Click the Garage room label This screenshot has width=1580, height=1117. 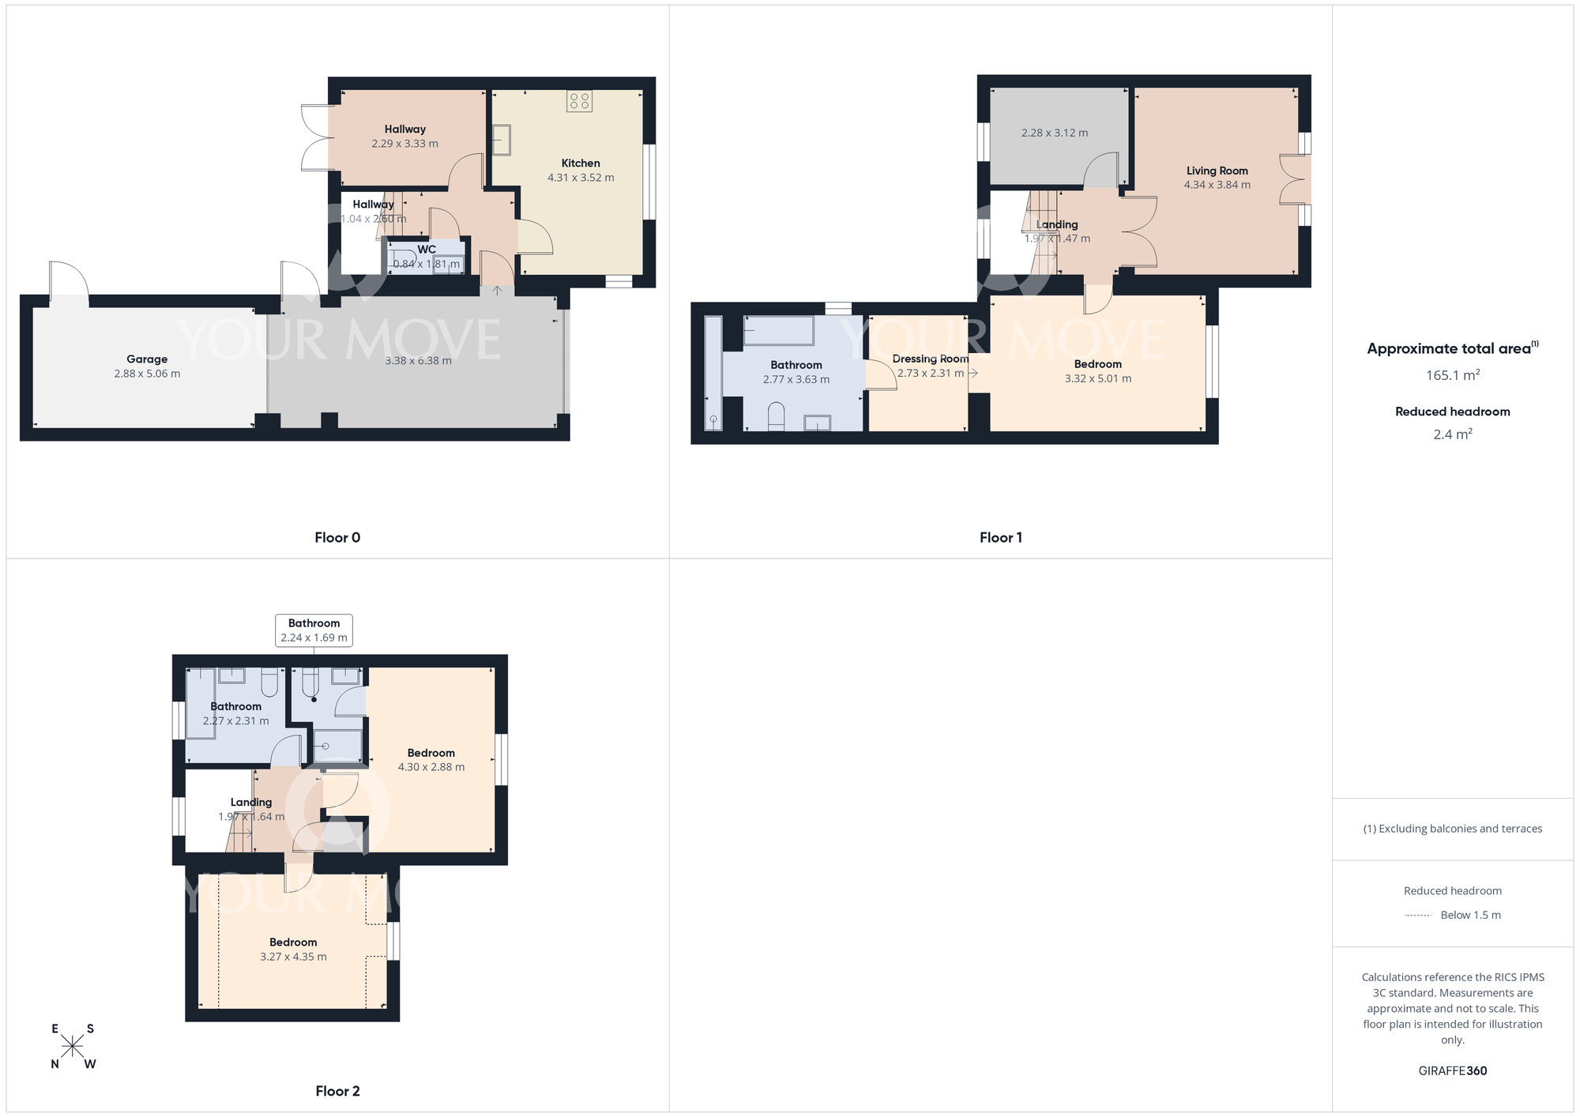pos(147,359)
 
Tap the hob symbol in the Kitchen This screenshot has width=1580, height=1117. pos(580,101)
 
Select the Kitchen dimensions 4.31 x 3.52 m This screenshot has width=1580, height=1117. pos(581,178)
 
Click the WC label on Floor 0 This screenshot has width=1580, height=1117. pos(427,250)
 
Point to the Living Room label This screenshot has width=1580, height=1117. pos(1217,171)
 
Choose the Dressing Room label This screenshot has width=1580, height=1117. pos(930,359)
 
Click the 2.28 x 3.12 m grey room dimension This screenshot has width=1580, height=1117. pos(1054,133)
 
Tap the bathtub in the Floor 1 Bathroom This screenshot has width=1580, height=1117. pos(778,331)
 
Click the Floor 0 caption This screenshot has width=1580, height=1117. pos(337,538)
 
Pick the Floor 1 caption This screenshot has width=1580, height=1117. pos(1000,538)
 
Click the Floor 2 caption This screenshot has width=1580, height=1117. pos(337,1091)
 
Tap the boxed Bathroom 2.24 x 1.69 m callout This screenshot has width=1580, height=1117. pos(314,630)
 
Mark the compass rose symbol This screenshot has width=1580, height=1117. pos(73,1047)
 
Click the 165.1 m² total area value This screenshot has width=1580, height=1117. pos(1452,375)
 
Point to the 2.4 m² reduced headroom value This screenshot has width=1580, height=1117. pos(1452,434)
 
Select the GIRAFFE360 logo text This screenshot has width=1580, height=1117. pos(1452,1071)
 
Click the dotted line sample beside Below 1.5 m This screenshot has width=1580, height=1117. pos(1418,916)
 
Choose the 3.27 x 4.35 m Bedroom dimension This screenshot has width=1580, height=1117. pos(293,957)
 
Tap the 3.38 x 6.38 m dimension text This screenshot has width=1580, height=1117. pos(418,361)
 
